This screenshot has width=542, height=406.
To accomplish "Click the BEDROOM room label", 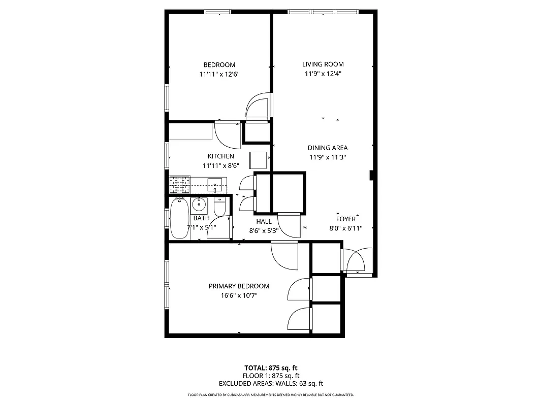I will pyautogui.click(x=219, y=65).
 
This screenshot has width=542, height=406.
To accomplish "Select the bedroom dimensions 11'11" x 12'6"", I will pyautogui.click(x=219, y=74).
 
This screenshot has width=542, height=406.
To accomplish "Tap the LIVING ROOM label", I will pyautogui.click(x=323, y=64).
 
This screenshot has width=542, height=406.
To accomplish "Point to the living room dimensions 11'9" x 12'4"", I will pyautogui.click(x=323, y=74).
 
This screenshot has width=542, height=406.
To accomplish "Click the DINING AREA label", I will pyautogui.click(x=328, y=148).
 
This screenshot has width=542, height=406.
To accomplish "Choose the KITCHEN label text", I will pyautogui.click(x=220, y=156).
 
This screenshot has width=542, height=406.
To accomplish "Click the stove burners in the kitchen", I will pyautogui.click(x=179, y=184).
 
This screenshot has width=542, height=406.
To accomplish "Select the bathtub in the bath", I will pyautogui.click(x=179, y=219).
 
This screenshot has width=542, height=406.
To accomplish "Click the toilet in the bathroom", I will pyautogui.click(x=220, y=207).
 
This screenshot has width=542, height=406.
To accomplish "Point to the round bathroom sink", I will pyautogui.click(x=199, y=205).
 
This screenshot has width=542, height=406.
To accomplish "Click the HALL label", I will pyautogui.click(x=264, y=222).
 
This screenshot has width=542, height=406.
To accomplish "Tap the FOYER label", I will pyautogui.click(x=345, y=219).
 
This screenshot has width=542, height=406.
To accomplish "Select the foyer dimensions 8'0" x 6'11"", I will pyautogui.click(x=345, y=228).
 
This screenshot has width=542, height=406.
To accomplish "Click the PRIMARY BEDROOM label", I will pyautogui.click(x=239, y=286).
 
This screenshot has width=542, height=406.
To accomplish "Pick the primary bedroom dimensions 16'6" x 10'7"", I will pyautogui.click(x=239, y=295).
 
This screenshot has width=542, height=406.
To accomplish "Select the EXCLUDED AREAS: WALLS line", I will pyautogui.click(x=271, y=384).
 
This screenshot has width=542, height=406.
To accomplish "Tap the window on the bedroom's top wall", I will pyautogui.click(x=217, y=12).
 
